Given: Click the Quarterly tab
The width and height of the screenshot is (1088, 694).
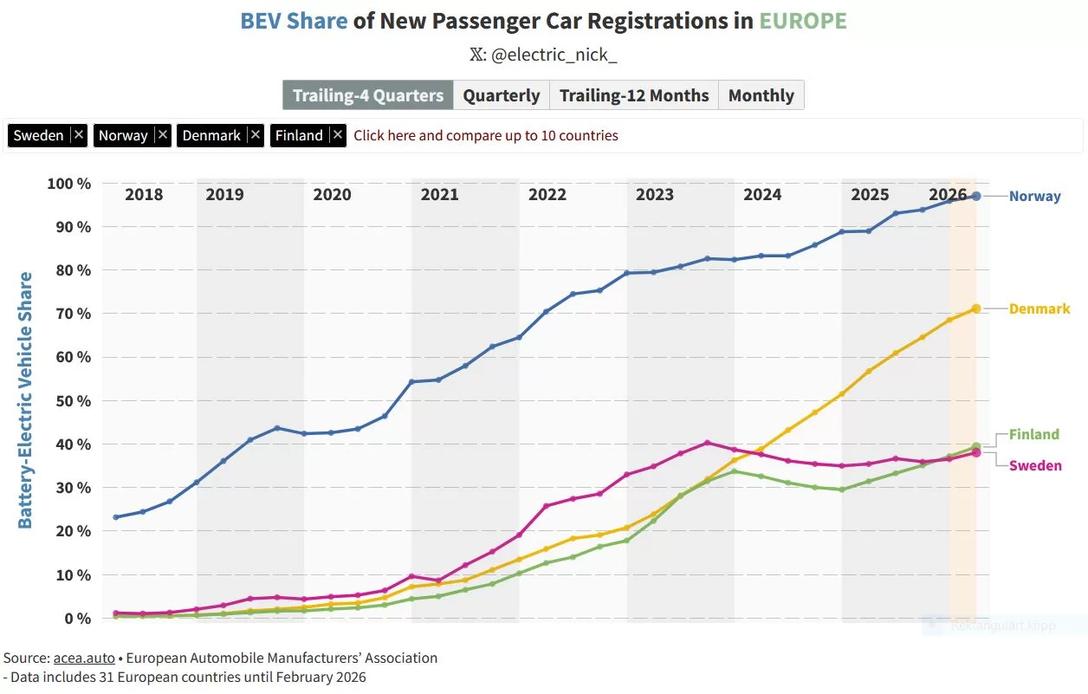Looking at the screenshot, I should [501, 95].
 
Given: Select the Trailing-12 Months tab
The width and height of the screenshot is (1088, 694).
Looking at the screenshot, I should [634, 95].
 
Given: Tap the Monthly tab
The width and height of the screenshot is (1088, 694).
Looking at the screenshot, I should [761, 95].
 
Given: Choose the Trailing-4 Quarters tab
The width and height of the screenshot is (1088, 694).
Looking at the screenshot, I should [368, 95].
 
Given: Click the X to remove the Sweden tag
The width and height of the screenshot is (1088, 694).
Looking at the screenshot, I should [78, 135].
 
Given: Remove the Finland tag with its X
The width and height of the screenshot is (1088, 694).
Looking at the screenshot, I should [338, 135].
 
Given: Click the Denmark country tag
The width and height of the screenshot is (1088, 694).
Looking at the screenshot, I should [211, 135].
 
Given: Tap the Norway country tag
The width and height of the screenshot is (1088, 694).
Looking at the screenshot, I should [123, 135].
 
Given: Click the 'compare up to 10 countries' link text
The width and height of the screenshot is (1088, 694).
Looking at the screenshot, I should [486, 135].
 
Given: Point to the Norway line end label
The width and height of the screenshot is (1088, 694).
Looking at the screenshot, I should [1034, 196].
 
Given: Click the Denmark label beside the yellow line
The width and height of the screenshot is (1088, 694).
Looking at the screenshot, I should [1039, 308].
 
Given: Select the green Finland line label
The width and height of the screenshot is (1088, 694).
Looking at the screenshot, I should [1033, 434].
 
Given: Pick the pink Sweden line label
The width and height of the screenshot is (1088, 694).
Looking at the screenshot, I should [1035, 465].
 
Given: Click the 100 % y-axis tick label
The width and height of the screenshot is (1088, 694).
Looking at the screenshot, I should [69, 184].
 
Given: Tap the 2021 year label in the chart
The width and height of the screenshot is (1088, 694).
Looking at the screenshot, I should [439, 194].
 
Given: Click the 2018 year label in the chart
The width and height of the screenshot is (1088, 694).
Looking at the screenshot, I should [144, 194].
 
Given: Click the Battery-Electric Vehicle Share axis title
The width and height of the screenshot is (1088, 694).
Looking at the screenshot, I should [25, 400].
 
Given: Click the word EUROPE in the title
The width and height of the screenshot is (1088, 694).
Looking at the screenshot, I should [802, 21].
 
